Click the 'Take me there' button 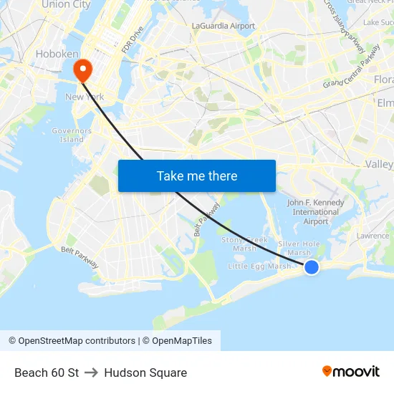[197, 176]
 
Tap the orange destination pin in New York [83, 69]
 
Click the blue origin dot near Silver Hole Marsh [312, 267]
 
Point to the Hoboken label [57, 54]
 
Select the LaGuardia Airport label [224, 26]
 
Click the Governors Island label [72, 135]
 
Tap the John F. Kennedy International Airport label [316, 212]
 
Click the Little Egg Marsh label [259, 266]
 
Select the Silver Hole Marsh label [299, 248]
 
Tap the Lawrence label [373, 236]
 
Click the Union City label [66, 4]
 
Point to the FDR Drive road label [133, 40]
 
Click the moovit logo [351, 371]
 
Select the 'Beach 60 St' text [47, 373]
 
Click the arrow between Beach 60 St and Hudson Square [91, 373]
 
